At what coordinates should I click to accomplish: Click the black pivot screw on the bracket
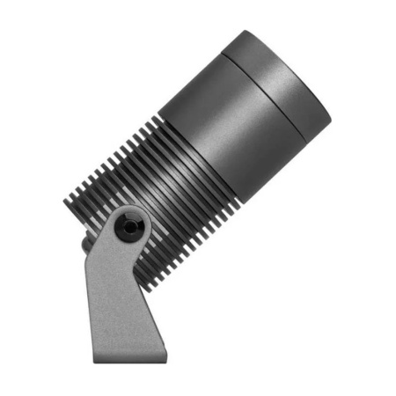(x=130, y=227)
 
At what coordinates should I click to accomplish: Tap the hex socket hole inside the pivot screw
(x=130, y=227)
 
